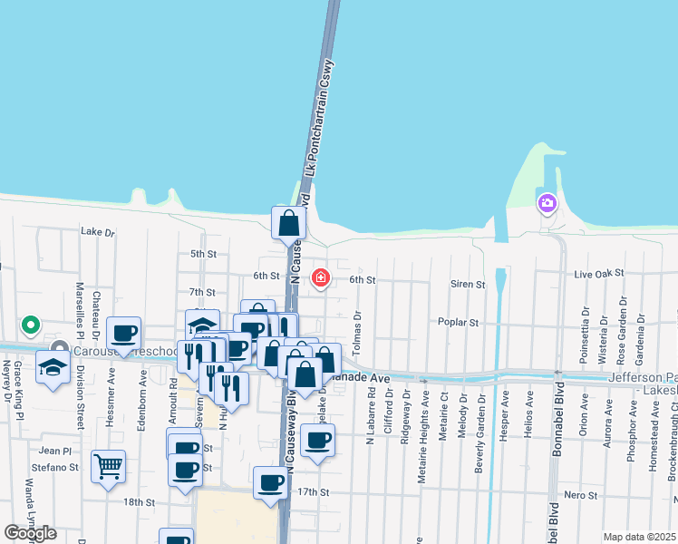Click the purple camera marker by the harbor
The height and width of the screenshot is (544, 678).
(x=547, y=203)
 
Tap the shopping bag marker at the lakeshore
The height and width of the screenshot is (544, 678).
(x=288, y=222)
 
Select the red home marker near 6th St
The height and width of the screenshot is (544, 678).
(x=321, y=277)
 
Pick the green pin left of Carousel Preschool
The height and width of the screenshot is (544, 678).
(x=31, y=324)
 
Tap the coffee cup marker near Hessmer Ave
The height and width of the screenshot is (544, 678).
(x=124, y=333)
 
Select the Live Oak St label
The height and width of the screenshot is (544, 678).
(x=595, y=274)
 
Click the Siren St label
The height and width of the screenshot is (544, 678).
(x=468, y=285)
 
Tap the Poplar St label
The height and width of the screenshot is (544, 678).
(x=483, y=322)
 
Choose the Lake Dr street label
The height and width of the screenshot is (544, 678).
(x=98, y=232)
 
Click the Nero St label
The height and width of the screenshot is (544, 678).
(x=580, y=495)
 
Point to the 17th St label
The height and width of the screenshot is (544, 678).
(x=310, y=492)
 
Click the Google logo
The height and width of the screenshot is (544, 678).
(x=31, y=533)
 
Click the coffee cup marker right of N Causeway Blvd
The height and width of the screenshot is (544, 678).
(x=317, y=440)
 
